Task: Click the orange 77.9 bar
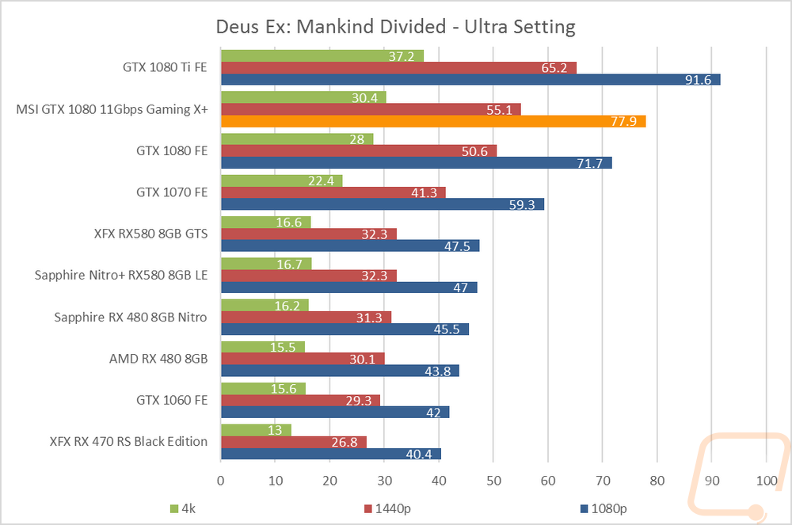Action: [x=433, y=121]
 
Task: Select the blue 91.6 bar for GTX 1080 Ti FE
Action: [x=470, y=79]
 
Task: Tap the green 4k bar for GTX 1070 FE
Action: [x=282, y=181]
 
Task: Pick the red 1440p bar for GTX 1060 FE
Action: [x=300, y=401]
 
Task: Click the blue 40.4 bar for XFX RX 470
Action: [x=331, y=454]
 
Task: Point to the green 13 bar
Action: [x=256, y=430]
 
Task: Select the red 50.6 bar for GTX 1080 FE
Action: [x=359, y=151]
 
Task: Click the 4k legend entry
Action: [x=183, y=509]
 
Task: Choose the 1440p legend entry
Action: [x=387, y=509]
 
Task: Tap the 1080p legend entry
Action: [x=604, y=509]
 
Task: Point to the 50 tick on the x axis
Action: [x=493, y=481]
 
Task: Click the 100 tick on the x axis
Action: [x=767, y=481]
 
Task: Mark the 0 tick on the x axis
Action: [x=221, y=481]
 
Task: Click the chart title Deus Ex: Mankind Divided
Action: [x=331, y=27]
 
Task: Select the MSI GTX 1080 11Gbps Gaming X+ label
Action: [x=112, y=109]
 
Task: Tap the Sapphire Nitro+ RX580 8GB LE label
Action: [x=121, y=275]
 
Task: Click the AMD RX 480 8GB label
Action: [x=158, y=359]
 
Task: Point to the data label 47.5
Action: [x=457, y=246]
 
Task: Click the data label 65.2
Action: [x=554, y=68]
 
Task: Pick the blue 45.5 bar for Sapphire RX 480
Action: [x=345, y=329]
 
